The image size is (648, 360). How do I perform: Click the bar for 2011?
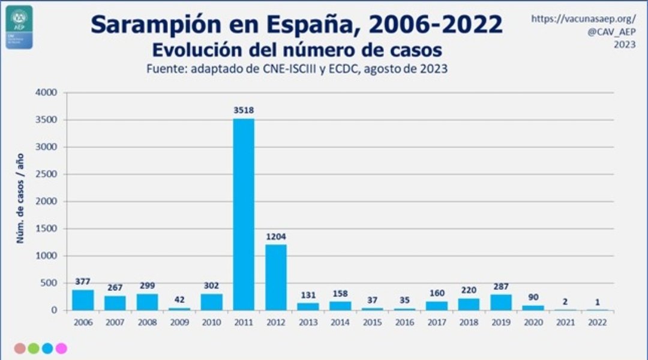tap(244, 214)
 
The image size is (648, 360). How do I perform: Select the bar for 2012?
tap(275, 277)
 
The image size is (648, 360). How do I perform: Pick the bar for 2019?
tap(500, 302)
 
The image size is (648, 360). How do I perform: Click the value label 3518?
tap(244, 110)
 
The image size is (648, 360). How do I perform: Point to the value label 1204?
tap(275, 236)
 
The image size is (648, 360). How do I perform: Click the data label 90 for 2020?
tap(533, 296)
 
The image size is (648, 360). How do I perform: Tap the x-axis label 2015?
tap(372, 322)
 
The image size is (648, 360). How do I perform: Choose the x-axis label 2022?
tap(597, 322)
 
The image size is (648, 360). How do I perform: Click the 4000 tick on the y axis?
tap(46, 93)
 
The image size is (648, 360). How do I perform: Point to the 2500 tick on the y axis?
tap(46, 175)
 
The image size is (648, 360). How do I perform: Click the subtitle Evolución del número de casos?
tap(297, 49)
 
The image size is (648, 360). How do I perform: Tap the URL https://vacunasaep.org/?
tap(583, 19)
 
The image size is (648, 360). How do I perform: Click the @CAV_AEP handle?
tap(611, 32)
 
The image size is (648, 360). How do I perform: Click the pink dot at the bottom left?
tap(61, 348)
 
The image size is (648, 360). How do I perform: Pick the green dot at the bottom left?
tap(34, 348)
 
